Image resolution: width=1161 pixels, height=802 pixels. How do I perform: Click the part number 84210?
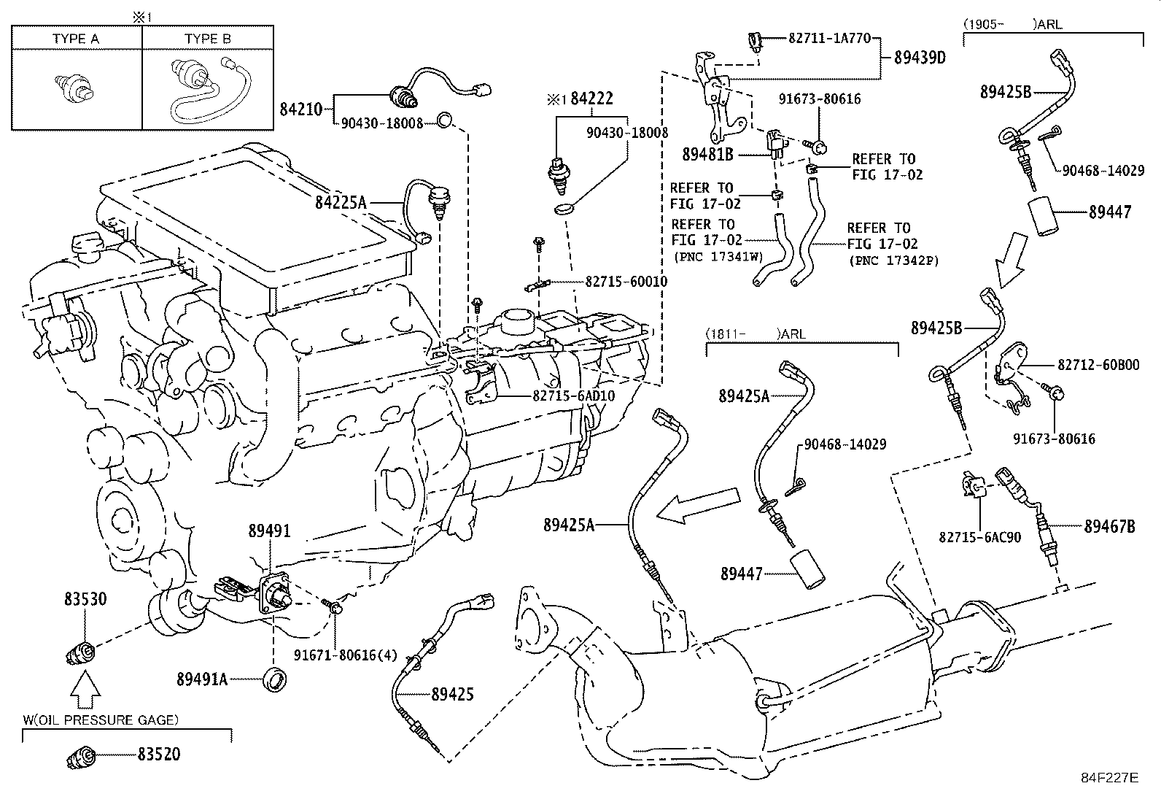(300, 109)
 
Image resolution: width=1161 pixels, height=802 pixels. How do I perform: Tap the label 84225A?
(341, 202)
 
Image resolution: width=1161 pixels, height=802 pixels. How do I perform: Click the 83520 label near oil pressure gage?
(158, 755)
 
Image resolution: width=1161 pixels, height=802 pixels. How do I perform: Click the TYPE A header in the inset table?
(76, 39)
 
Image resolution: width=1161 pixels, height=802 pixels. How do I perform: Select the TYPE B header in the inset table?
(208, 39)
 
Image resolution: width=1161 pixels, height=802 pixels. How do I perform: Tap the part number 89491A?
(202, 679)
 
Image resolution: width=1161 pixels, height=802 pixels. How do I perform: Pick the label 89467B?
(1109, 525)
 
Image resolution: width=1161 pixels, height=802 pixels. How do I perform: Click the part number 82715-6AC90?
(979, 537)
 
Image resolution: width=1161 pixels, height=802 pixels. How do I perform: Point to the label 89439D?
(920, 58)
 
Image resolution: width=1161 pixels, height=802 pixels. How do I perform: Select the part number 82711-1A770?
(829, 38)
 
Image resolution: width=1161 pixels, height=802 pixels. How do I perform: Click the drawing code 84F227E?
(1109, 778)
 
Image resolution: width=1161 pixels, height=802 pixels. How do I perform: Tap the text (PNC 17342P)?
(893, 260)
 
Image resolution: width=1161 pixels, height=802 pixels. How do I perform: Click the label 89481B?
(707, 154)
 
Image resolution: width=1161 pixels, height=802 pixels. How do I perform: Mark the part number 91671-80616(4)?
(346, 655)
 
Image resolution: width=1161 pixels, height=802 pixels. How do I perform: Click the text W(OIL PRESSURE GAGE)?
(100, 720)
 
